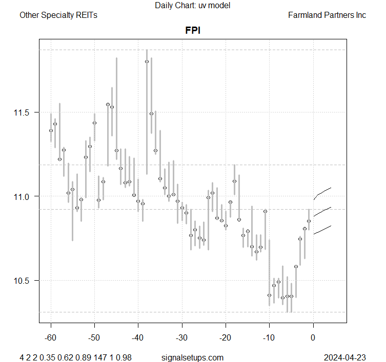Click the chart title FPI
click(193, 30)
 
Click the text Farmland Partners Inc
click(327, 15)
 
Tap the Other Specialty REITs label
click(58, 15)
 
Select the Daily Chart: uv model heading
click(193, 6)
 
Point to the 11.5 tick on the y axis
click(25, 112)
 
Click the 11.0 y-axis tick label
click(25, 196)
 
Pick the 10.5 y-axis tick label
click(25, 281)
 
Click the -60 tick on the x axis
click(51, 337)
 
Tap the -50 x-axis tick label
click(94, 337)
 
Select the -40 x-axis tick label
click(138, 337)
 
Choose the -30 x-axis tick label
click(181, 337)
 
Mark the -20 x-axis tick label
click(225, 337)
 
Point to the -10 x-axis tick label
click(269, 337)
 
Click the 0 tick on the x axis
click(313, 337)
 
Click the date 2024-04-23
click(345, 357)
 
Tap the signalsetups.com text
click(192, 357)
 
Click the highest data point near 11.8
click(147, 61)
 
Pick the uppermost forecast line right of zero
click(322, 192)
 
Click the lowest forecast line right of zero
click(322, 230)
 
